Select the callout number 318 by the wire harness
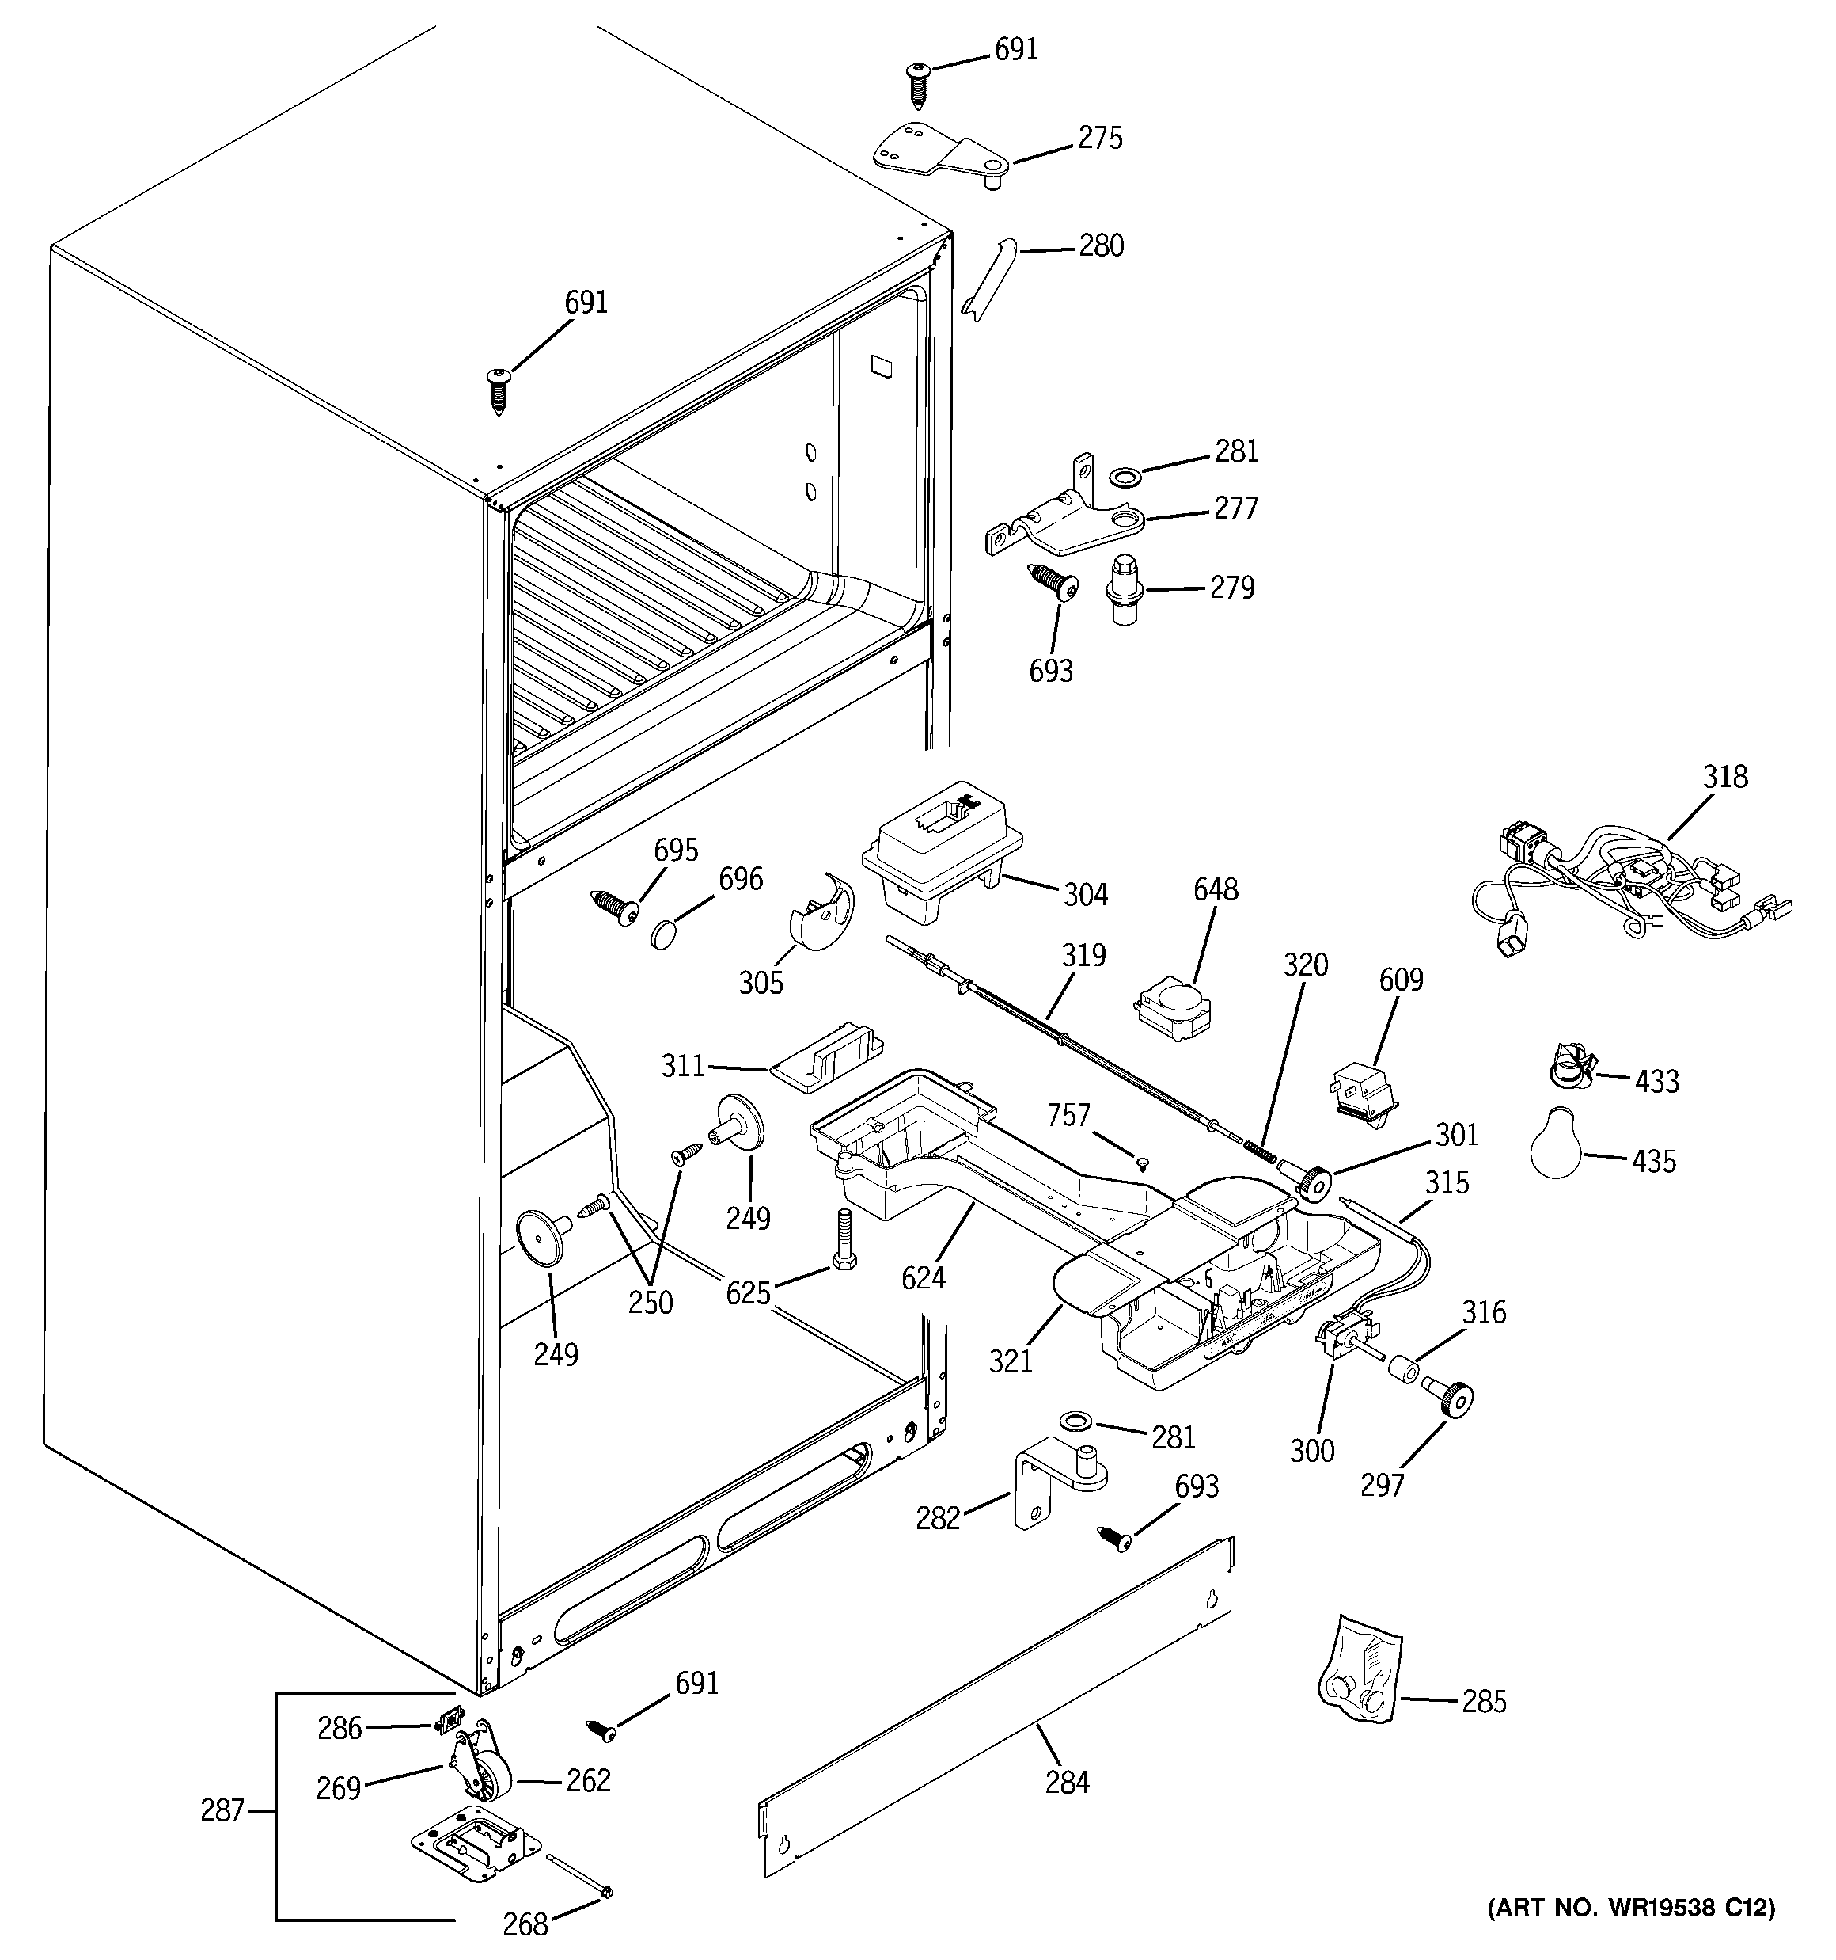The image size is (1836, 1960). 1726,778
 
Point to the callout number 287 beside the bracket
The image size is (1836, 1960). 222,1810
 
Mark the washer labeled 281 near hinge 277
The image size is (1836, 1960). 1122,478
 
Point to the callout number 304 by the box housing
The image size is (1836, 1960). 1085,894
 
